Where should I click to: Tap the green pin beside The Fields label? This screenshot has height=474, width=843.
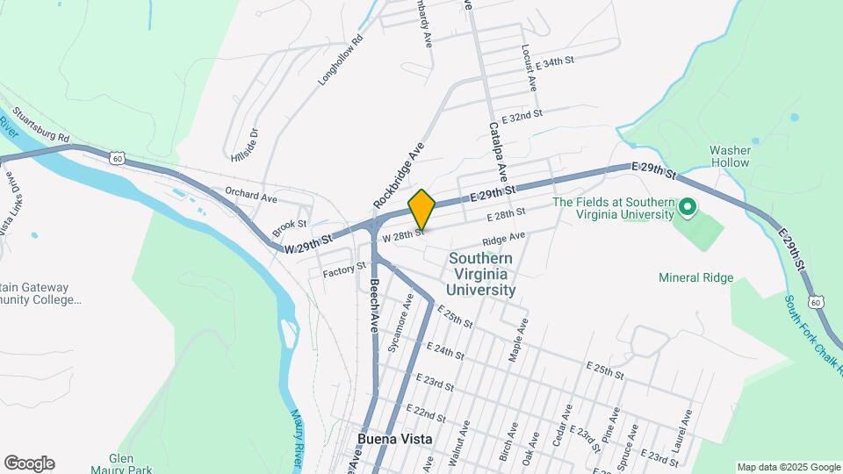tap(688, 208)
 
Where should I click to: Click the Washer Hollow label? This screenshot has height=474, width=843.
tap(730, 156)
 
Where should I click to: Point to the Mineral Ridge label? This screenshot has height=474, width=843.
tap(695, 277)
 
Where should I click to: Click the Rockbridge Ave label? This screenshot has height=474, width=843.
tap(399, 175)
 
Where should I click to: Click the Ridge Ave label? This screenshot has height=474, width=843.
tap(503, 239)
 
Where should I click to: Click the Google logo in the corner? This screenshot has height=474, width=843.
tap(28, 463)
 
